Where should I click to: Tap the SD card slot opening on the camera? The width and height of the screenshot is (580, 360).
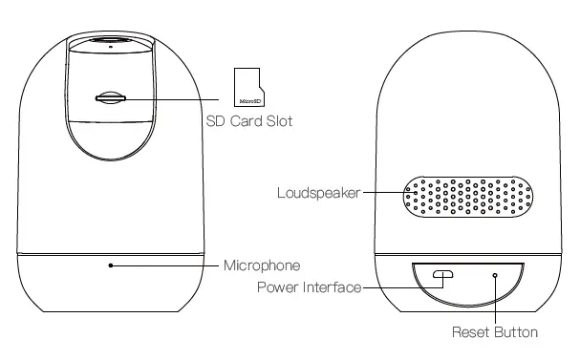click(x=111, y=96)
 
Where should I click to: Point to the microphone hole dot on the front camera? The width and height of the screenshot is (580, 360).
click(x=111, y=265)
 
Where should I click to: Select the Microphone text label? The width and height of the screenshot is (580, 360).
click(x=262, y=265)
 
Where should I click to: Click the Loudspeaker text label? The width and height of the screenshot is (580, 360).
click(x=318, y=192)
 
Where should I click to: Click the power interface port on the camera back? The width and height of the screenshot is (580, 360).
click(x=442, y=275)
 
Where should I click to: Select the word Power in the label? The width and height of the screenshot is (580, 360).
click(x=278, y=286)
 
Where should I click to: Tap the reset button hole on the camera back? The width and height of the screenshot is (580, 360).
click(x=496, y=275)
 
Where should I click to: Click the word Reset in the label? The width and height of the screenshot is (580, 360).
click(x=469, y=332)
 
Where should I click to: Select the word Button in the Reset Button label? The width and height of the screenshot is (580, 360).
click(x=515, y=332)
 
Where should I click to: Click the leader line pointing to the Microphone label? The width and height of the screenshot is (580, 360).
click(x=167, y=265)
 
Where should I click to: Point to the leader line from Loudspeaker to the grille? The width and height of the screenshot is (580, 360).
click(x=382, y=192)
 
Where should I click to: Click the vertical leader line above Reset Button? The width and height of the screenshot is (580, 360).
click(x=496, y=301)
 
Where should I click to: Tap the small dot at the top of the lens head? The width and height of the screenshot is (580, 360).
click(x=111, y=46)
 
